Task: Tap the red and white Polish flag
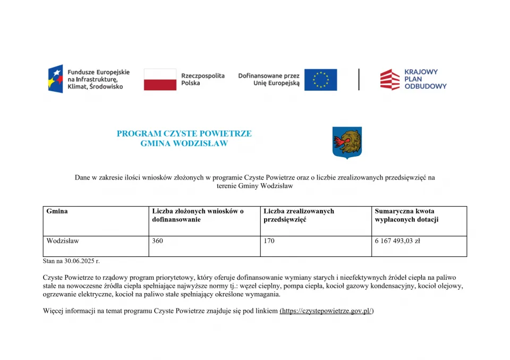point(160,79)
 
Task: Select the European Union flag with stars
point(320,80)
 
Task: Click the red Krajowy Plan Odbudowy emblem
point(390,79)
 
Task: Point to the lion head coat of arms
point(347,142)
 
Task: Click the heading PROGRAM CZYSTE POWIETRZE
point(184,134)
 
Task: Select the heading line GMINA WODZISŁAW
point(184,143)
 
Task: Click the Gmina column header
point(57,211)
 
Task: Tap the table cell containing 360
point(158,241)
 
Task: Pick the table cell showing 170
point(269,241)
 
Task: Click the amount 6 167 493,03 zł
point(397,241)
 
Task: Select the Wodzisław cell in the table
point(63,241)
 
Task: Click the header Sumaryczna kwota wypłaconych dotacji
point(406,216)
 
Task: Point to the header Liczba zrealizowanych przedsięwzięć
point(299,216)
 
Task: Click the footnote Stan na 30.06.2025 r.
point(71,261)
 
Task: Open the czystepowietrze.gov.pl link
point(327,311)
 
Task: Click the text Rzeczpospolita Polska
point(202,80)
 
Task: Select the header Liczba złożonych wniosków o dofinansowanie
point(198,216)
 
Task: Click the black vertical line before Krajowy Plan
point(359,79)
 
